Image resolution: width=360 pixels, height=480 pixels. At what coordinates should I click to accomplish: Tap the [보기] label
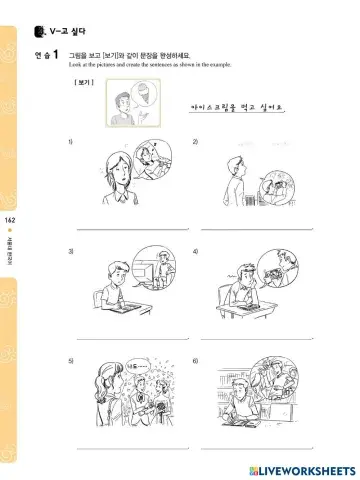click(84, 83)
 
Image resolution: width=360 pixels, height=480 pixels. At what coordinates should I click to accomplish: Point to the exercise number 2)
click(196, 144)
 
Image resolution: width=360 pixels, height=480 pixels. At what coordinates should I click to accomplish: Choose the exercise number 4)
click(196, 251)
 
